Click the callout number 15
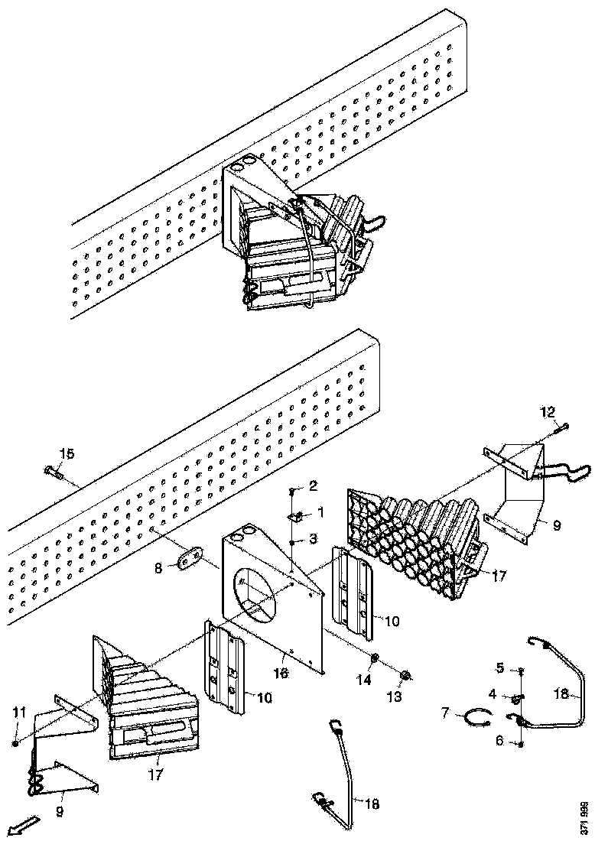pyautogui.click(x=67, y=454)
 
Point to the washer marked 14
pyautogui.click(x=376, y=658)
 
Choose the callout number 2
pyautogui.click(x=314, y=485)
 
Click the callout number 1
pyautogui.click(x=320, y=511)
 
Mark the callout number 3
pyautogui.click(x=314, y=540)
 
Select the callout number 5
pyautogui.click(x=499, y=668)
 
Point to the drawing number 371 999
pyautogui.click(x=585, y=816)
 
